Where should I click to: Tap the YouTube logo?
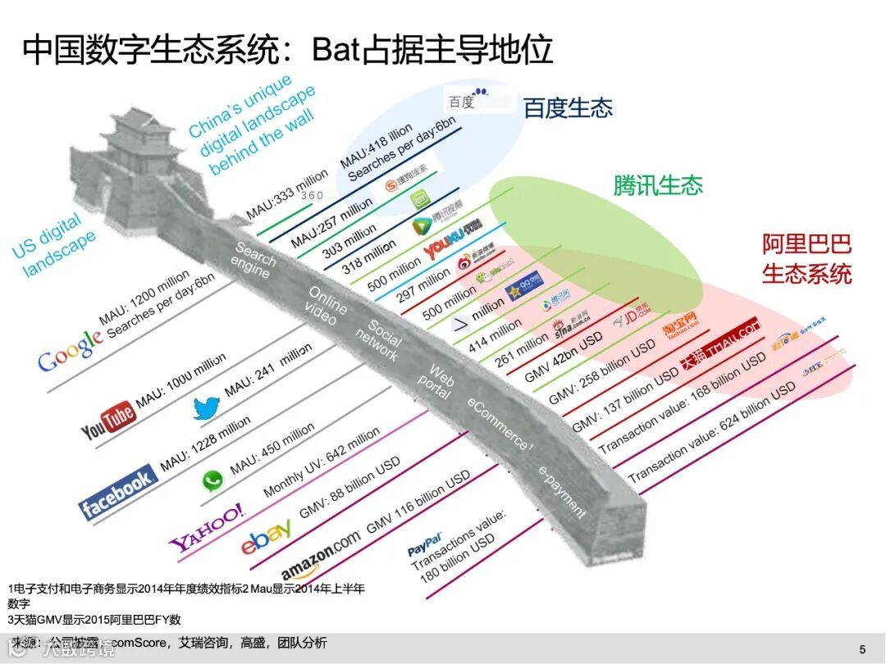point(107,419)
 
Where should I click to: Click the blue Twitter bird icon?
point(206,407)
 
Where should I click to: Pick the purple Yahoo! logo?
point(207,527)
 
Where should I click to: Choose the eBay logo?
point(266,537)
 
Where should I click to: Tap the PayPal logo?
point(425,542)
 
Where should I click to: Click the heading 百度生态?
point(568,108)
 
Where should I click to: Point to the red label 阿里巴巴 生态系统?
point(806,258)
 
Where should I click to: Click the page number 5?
point(861,649)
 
